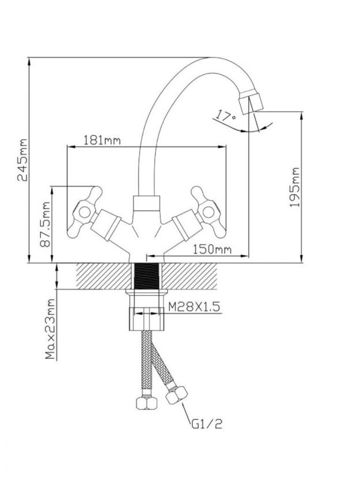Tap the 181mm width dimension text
102,140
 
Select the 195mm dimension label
295,187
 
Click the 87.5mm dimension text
46,224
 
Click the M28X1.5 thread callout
194,307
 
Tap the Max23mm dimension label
51,329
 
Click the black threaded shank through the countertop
147,277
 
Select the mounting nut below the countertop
147,312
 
